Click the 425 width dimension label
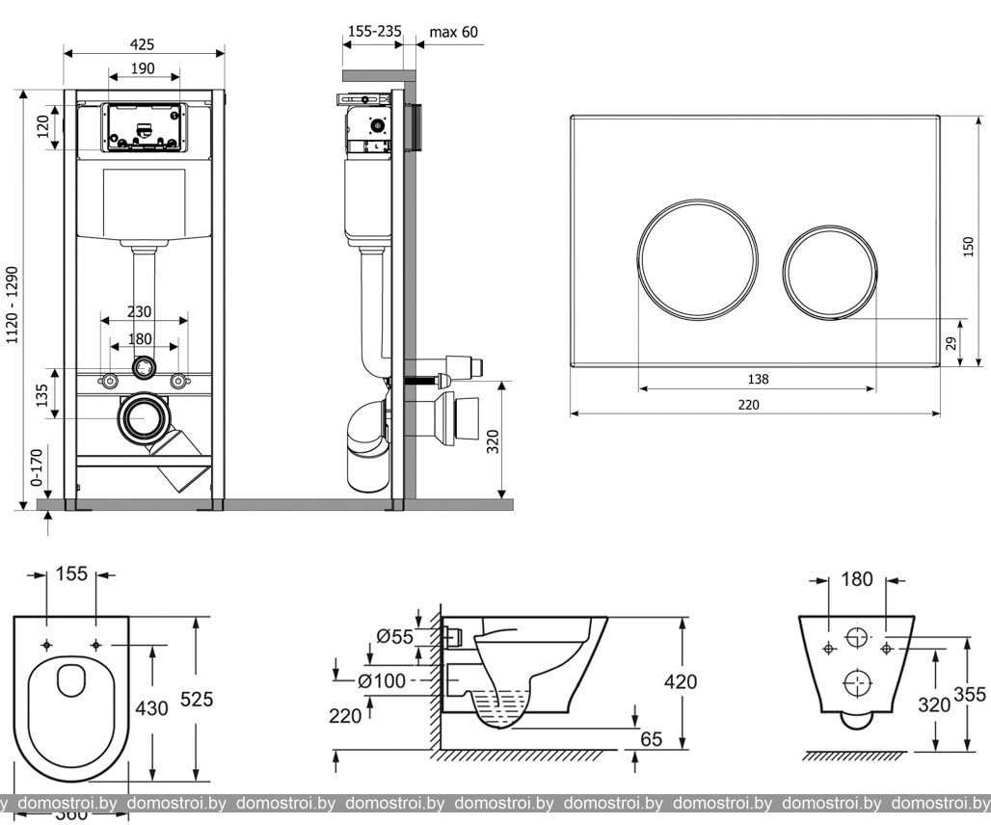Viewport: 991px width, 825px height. pos(143,44)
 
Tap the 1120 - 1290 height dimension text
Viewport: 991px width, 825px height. pos(13,305)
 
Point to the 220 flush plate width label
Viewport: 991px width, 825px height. pos(749,405)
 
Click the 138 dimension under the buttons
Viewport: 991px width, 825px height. pos(758,380)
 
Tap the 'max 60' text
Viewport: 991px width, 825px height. pos(453,32)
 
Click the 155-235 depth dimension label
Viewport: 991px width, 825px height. pos(374,32)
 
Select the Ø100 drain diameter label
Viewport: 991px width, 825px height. pos(382,680)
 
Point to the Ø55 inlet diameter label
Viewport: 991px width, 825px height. pos(395,635)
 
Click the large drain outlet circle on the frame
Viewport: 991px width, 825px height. pos(144,419)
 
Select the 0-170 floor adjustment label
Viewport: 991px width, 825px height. pos(37,466)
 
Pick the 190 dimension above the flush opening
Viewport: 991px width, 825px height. pos(143,67)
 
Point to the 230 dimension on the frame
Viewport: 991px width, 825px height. pos(140,312)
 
